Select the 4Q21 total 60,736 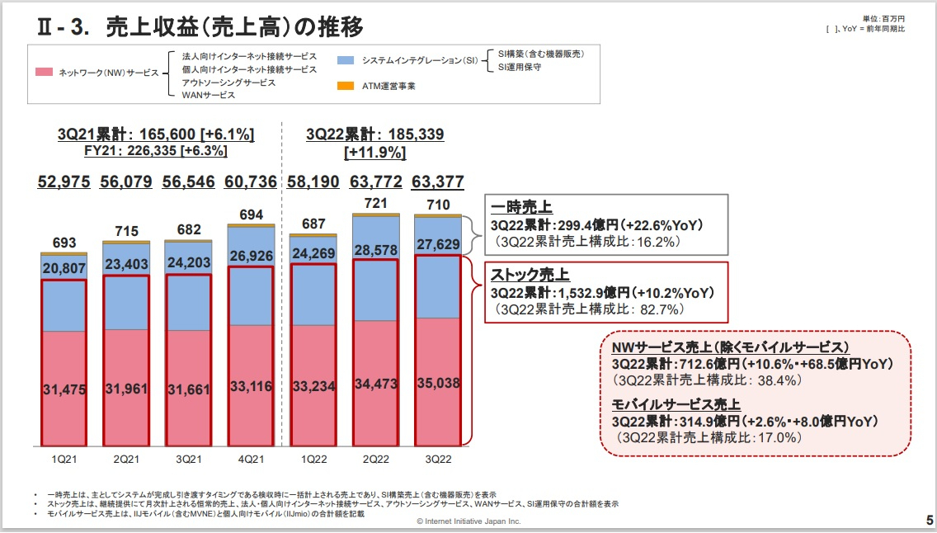coord(250,182)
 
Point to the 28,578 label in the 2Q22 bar coord(376,249)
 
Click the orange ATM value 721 coord(376,203)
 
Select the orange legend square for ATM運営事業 coord(346,86)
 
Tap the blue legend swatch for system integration coord(346,60)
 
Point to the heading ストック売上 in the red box coord(530,275)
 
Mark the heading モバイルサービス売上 coord(676,404)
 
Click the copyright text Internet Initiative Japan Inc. coord(468,521)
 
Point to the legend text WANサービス coord(209,95)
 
